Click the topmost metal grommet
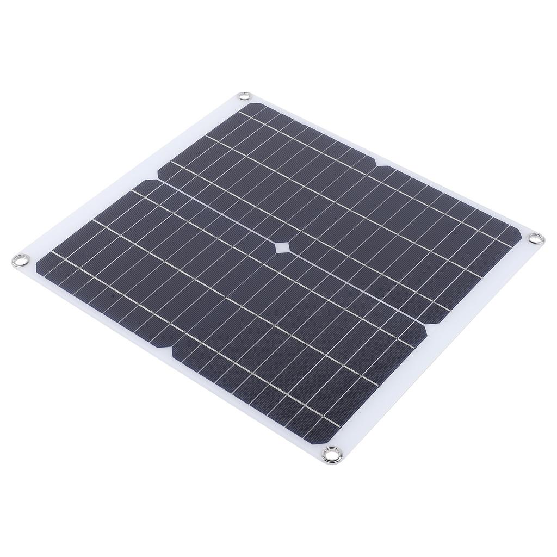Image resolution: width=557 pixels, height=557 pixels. coord(243,97)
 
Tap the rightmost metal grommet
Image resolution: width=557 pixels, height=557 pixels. coord(535,238)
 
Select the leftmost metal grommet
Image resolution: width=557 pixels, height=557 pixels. coord(20,259)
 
